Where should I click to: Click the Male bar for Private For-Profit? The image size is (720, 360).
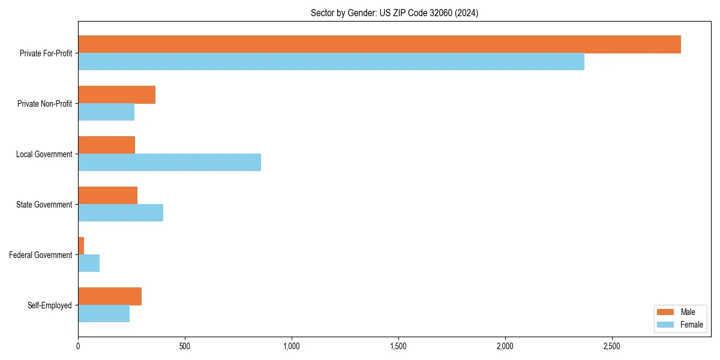[379, 44]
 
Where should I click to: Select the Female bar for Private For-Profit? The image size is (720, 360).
[331, 61]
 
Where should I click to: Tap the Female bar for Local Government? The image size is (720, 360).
[169, 162]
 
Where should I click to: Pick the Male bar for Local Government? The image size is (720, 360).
[106, 145]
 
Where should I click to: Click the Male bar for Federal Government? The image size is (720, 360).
[81, 246]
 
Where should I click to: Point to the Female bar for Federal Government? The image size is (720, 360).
[89, 263]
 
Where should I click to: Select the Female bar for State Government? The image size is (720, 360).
[121, 212]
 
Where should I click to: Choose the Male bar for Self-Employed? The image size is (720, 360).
[110, 296]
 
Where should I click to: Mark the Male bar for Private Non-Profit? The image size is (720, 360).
[116, 95]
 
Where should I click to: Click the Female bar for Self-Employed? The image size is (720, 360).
[104, 313]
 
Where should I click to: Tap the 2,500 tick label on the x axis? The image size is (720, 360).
[612, 346]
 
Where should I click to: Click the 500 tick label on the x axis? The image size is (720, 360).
[185, 346]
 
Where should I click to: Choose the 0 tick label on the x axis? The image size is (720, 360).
[78, 346]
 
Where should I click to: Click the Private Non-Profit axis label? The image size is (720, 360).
[44, 104]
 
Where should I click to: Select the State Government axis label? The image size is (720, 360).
[44, 205]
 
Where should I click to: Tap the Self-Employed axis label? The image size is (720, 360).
[49, 305]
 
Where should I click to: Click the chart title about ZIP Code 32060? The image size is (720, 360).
[394, 13]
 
